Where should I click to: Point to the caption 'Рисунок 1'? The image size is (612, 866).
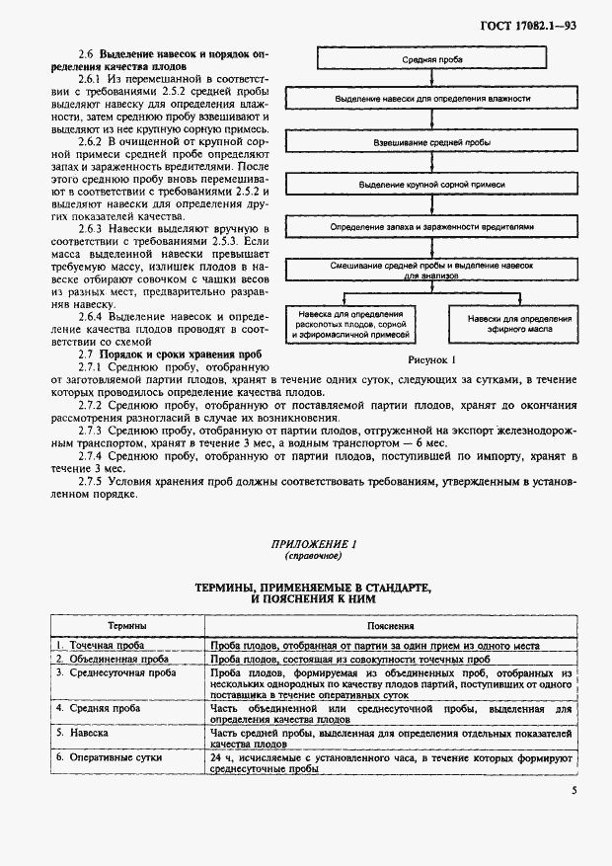(427, 361)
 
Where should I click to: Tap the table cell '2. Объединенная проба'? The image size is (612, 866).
(111, 658)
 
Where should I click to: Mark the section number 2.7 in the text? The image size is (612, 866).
(85, 353)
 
